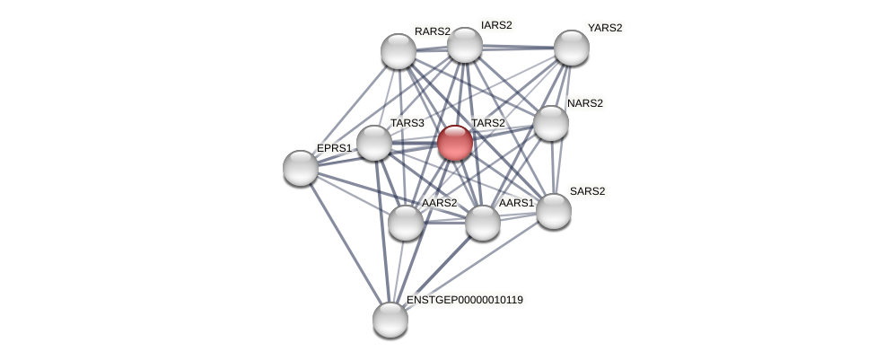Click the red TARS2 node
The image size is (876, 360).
click(x=455, y=143)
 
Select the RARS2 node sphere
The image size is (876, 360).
click(x=399, y=51)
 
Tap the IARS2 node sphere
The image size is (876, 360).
click(x=465, y=45)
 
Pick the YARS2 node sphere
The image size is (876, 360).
click(x=571, y=48)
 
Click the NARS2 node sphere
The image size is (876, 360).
click(x=551, y=123)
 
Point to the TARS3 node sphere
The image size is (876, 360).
click(x=374, y=143)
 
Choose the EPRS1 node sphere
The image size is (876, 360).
click(x=301, y=168)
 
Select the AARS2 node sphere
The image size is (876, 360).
click(x=406, y=223)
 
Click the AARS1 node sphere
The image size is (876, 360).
click(x=483, y=223)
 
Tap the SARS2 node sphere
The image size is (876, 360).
click(x=554, y=211)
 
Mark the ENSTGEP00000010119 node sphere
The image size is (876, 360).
click(x=390, y=319)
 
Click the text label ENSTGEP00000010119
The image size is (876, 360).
click(x=464, y=300)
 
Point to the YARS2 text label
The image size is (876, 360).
click(x=604, y=28)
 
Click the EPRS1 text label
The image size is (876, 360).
click(x=334, y=148)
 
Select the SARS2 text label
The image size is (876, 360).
click(x=588, y=191)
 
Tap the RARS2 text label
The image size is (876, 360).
click(x=432, y=31)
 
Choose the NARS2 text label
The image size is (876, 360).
click(x=584, y=103)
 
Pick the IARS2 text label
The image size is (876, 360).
click(x=496, y=25)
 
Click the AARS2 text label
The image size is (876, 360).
click(x=439, y=203)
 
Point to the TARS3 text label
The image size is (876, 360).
click(x=407, y=123)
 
